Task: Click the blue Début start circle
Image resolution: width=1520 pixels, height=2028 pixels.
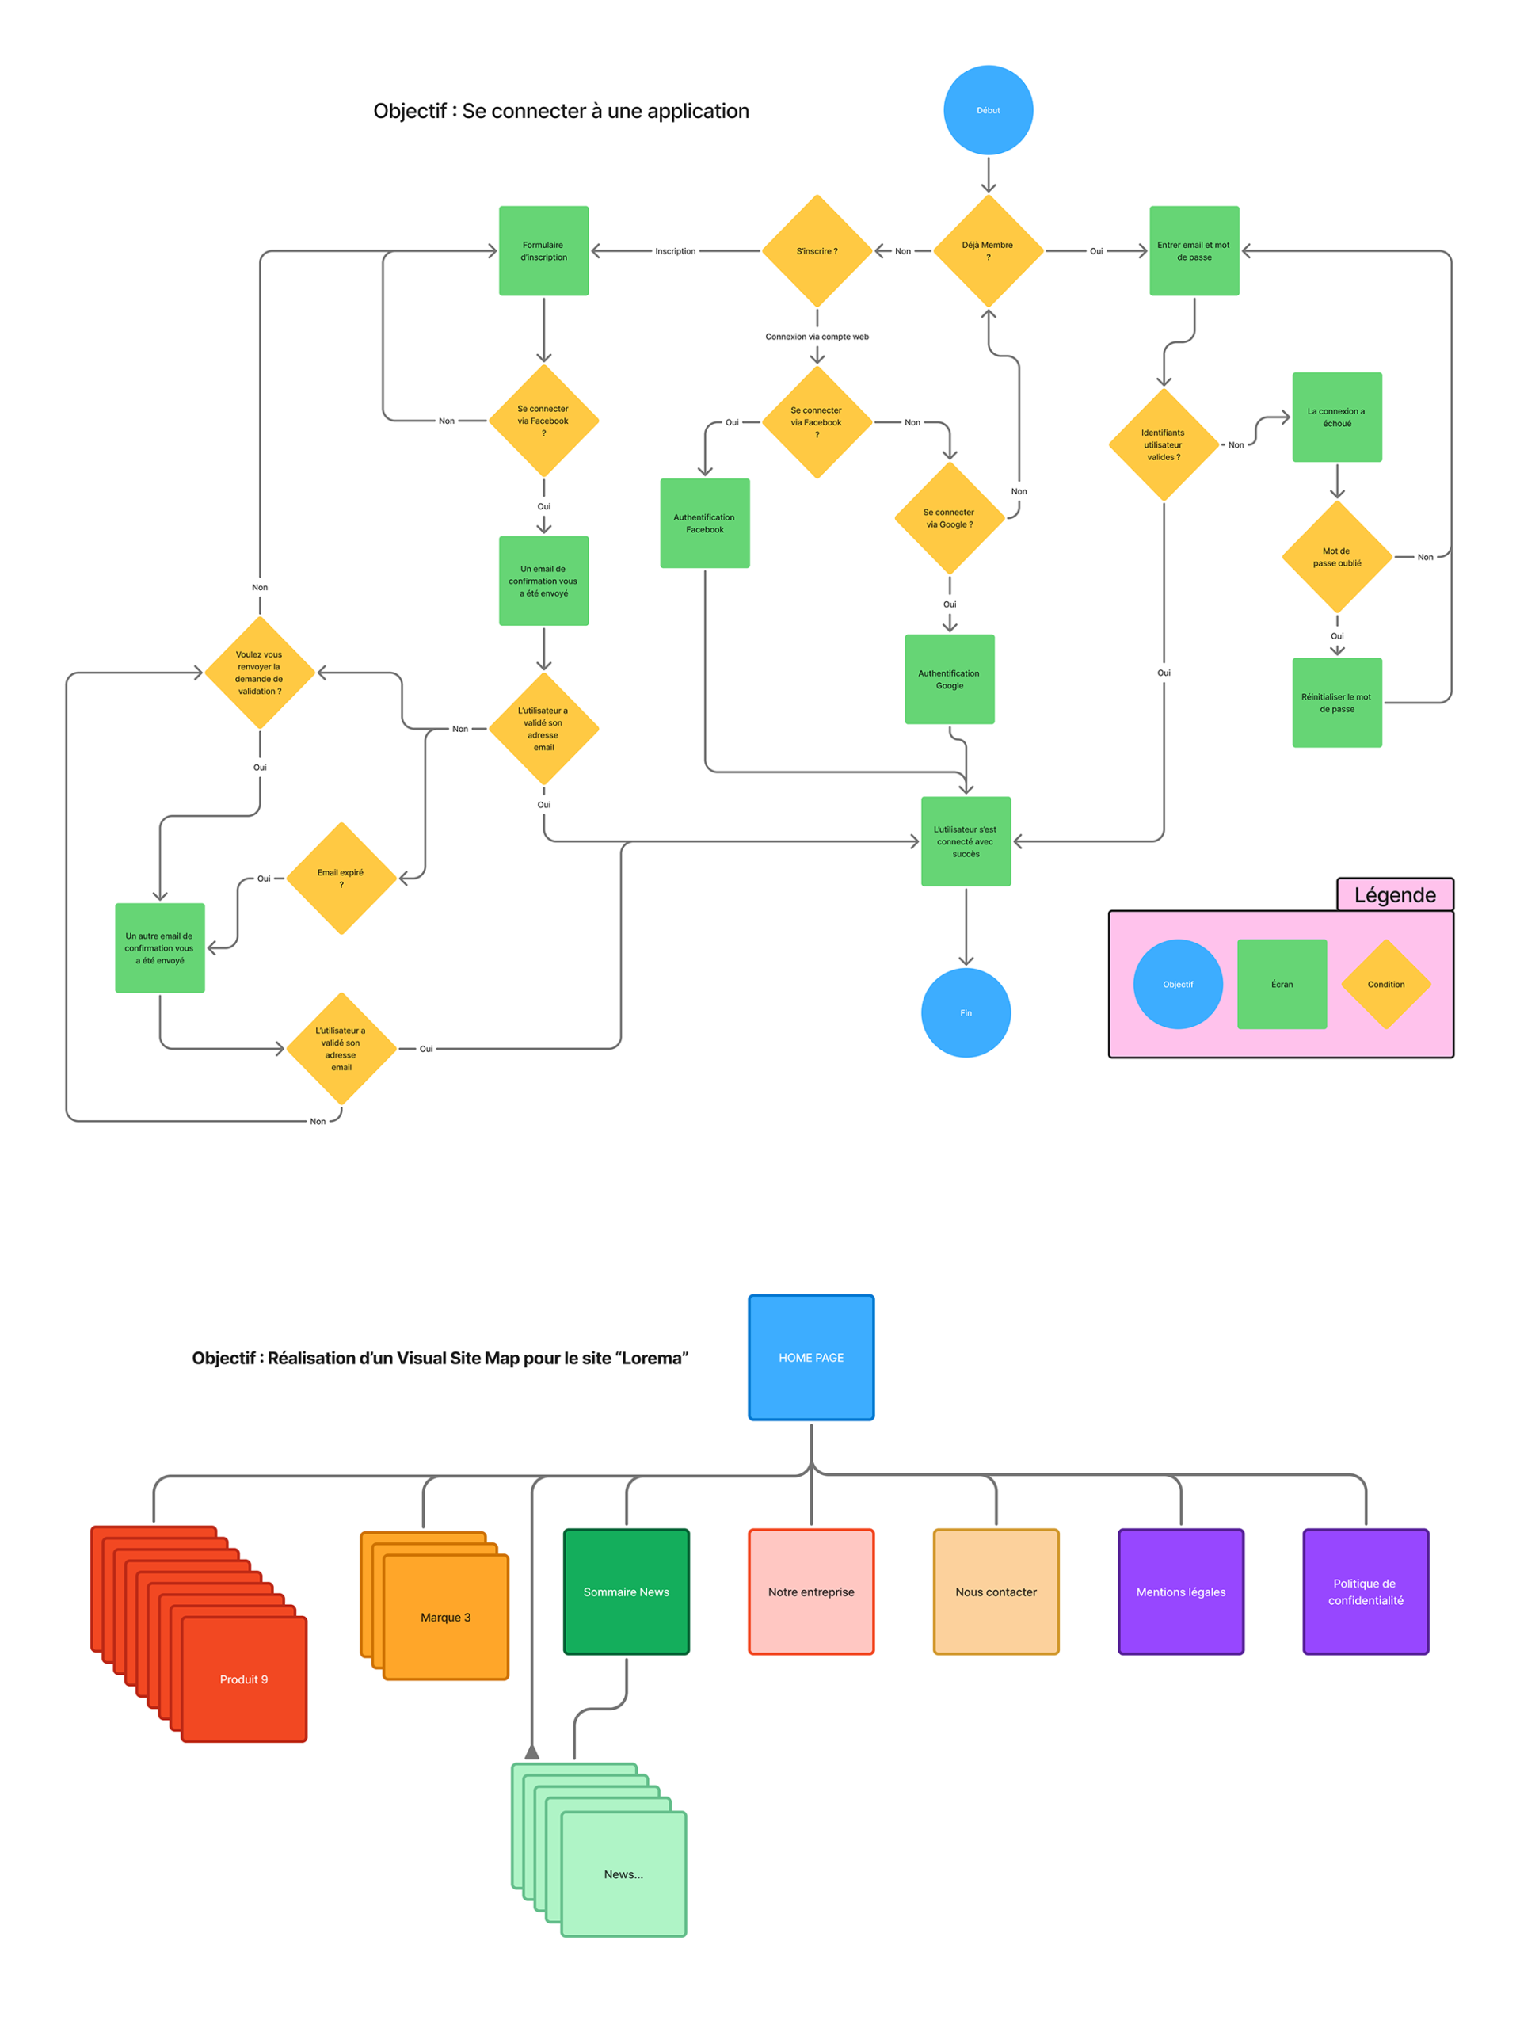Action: pyautogui.click(x=988, y=110)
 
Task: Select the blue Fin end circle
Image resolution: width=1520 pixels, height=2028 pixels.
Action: pyautogui.click(x=966, y=1012)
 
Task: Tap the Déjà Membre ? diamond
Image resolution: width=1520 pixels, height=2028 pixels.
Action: pyautogui.click(x=988, y=250)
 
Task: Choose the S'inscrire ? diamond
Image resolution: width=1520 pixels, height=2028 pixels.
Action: pyautogui.click(x=816, y=250)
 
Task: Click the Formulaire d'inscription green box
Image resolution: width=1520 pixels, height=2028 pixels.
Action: pyautogui.click(x=543, y=250)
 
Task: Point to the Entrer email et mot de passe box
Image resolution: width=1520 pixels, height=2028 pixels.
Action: pyautogui.click(x=1194, y=250)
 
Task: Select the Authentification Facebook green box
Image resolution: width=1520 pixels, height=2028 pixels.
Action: pyautogui.click(x=704, y=523)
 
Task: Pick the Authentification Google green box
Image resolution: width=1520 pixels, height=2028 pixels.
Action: pyautogui.click(x=949, y=678)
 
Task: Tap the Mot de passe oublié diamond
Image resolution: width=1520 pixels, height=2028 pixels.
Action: pyautogui.click(x=1337, y=556)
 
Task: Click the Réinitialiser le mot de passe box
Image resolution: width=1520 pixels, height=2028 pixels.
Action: pyautogui.click(x=1337, y=703)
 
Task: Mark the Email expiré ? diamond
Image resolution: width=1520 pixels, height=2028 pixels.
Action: pyautogui.click(x=341, y=878)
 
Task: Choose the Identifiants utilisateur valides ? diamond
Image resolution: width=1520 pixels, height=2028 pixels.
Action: pyautogui.click(x=1164, y=444)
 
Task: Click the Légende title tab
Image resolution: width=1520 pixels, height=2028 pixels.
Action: pyautogui.click(x=1394, y=894)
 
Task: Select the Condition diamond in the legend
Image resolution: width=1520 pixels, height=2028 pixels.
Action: pyautogui.click(x=1385, y=984)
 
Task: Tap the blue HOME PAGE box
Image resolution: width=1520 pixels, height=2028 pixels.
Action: pyautogui.click(x=810, y=1357)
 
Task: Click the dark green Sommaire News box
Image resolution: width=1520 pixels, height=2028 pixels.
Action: pyautogui.click(x=627, y=1592)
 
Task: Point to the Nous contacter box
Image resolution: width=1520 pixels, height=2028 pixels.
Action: pyautogui.click(x=996, y=1592)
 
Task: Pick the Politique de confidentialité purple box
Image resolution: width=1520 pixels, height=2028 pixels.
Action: pyautogui.click(x=1365, y=1592)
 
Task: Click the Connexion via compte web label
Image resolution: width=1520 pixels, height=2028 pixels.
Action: pyautogui.click(x=817, y=337)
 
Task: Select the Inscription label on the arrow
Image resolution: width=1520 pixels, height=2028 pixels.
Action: pyautogui.click(x=675, y=250)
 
